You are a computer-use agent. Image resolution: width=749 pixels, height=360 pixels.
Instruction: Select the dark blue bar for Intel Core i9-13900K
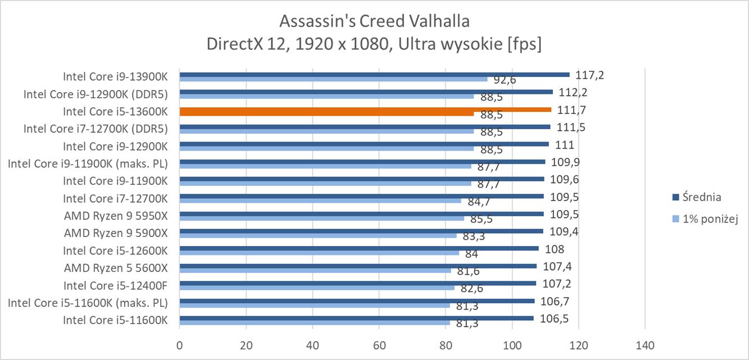374,75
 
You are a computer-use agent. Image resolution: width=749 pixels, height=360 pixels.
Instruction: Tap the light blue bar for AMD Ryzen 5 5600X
315,270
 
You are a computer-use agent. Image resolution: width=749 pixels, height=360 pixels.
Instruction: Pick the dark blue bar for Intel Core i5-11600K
356,318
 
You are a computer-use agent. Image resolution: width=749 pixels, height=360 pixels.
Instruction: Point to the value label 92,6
505,80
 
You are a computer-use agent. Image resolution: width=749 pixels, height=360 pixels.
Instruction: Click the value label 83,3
474,236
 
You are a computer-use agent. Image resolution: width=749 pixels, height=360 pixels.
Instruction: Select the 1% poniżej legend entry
710,219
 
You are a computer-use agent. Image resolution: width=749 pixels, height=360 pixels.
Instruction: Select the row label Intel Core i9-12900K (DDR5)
96,94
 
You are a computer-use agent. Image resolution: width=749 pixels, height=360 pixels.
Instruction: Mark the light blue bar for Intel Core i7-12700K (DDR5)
326,131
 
